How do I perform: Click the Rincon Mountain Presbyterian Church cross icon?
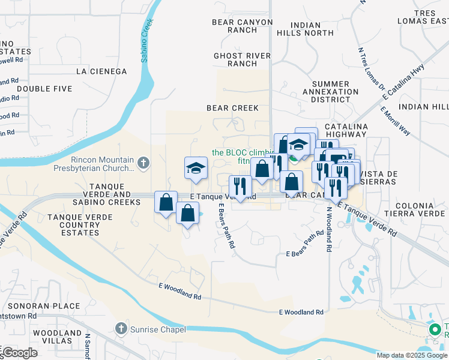[143, 162]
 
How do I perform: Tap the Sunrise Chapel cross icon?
[120, 329]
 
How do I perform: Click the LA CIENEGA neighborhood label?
[101, 71]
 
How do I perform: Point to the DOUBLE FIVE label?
[44, 89]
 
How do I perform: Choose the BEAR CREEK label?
[232, 108]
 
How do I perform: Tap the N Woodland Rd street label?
[329, 230]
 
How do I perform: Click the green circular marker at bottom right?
[435, 329]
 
